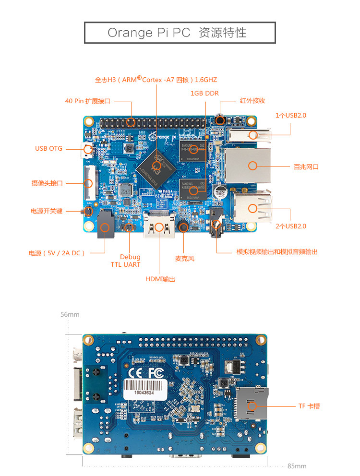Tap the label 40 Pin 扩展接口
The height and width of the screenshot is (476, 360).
click(88, 101)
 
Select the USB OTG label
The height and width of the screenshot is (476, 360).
click(48, 149)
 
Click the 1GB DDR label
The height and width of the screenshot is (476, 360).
click(204, 94)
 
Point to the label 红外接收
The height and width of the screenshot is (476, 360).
click(252, 101)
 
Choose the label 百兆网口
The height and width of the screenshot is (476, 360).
click(306, 167)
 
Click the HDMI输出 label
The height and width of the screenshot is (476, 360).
click(160, 279)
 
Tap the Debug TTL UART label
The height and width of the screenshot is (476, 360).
click(130, 261)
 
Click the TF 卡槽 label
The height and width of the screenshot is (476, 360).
click(309, 406)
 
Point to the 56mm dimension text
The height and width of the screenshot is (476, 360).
click(70, 315)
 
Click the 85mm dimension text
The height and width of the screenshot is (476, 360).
click(297, 466)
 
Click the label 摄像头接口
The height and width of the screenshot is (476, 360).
click(47, 183)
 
